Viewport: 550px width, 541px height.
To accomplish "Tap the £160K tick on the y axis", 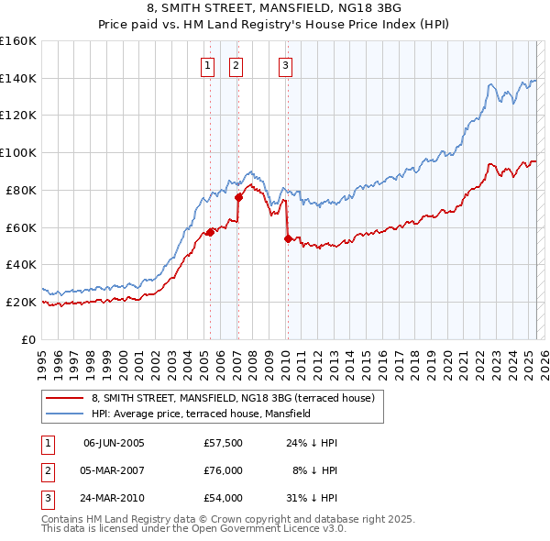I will tap(17, 41).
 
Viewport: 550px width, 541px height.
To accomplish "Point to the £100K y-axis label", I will tap(17, 153).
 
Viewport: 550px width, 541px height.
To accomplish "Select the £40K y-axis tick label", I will tap(20, 265).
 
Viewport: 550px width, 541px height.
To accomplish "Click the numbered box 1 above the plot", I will tap(208, 65).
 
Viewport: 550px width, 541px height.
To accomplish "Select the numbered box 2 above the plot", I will tap(236, 65).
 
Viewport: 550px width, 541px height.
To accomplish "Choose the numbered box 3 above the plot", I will tap(285, 65).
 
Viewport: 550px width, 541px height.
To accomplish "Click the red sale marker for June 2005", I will tap(210, 232).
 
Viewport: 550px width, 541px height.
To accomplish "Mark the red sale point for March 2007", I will tap(238, 196).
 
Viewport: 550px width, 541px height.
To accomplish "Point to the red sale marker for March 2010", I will tap(288, 238).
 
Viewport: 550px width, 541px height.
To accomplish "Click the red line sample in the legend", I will tap(65, 399).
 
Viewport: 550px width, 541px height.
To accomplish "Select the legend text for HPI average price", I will tap(201, 414).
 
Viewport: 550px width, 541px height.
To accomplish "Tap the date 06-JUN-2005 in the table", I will tap(114, 443).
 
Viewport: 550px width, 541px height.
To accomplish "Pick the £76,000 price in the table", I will tap(223, 470).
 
